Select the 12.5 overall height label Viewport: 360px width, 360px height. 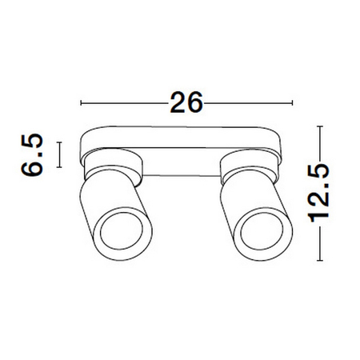pyautogui.click(x=320, y=192)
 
